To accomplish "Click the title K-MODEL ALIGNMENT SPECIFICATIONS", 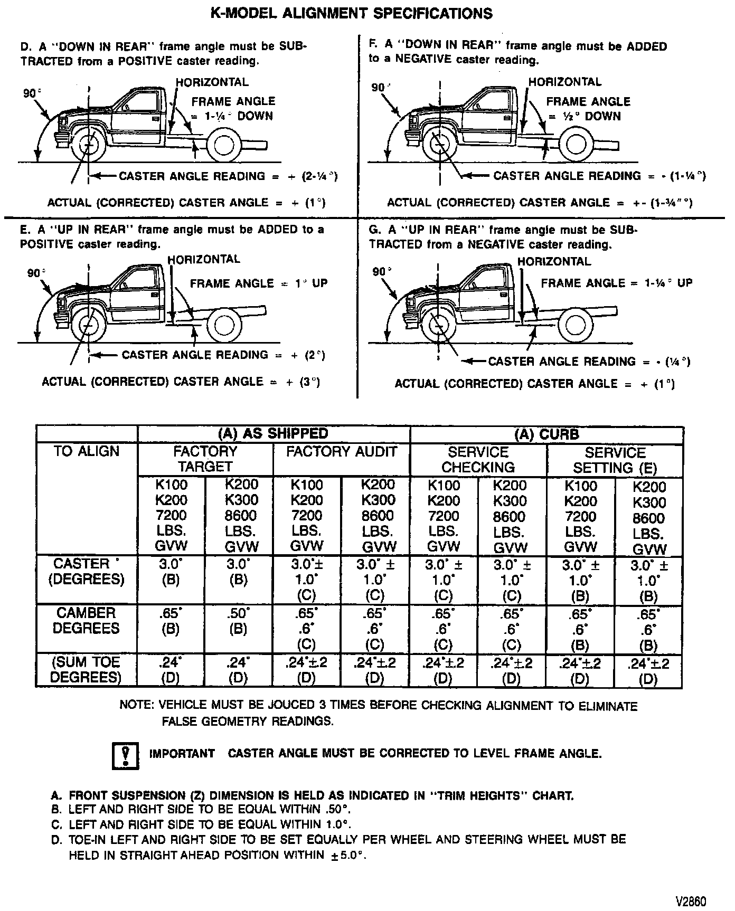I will pyautogui.click(x=352, y=13).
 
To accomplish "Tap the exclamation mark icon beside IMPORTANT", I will pyautogui.click(x=126, y=755).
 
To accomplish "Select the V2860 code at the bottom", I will pyautogui.click(x=690, y=901).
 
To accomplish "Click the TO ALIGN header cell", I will pyautogui.click(x=87, y=452).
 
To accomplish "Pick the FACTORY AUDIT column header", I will pyautogui.click(x=341, y=452).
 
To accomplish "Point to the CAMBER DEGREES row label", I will pyautogui.click(x=86, y=621).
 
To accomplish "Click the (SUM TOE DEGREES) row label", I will pyautogui.click(x=86, y=670).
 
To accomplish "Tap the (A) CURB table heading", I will pyautogui.click(x=546, y=434).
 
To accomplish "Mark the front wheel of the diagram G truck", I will pyautogui.click(x=438, y=325).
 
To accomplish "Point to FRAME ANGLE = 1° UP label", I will pyautogui.click(x=259, y=283).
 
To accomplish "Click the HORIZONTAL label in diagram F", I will pyautogui.click(x=565, y=82).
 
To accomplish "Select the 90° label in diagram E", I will pyautogui.click(x=35, y=273).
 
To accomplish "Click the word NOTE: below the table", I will pyautogui.click(x=137, y=706).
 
